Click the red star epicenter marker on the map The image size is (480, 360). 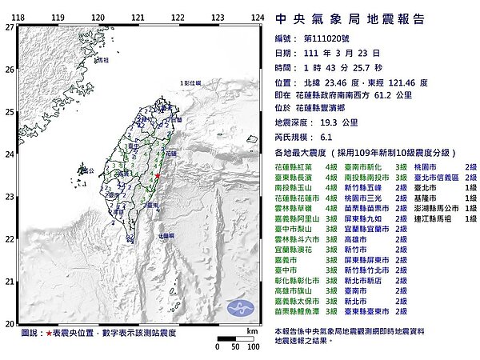(x=158, y=174)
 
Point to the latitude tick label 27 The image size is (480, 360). (x=8, y=26)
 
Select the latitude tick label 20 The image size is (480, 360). (x=8, y=323)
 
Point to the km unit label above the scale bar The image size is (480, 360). (x=252, y=330)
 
